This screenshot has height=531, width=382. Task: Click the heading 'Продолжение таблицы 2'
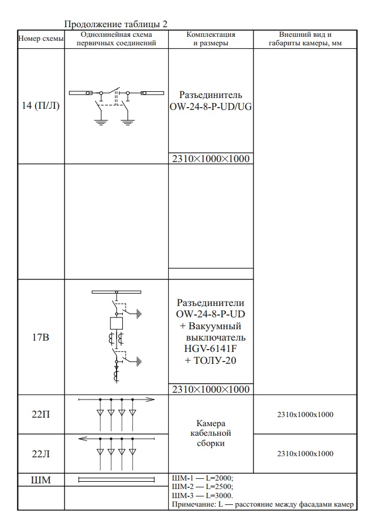click(116, 24)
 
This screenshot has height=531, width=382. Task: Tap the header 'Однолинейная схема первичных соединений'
click(117, 39)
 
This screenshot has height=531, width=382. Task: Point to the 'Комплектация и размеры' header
click(211, 39)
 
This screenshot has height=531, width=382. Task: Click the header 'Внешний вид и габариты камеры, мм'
click(305, 39)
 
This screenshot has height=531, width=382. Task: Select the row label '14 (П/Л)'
click(41, 107)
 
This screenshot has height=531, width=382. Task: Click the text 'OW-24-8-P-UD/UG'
click(211, 106)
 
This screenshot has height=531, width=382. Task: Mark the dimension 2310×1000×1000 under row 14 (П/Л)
click(211, 159)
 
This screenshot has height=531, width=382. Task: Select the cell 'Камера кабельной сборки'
click(211, 434)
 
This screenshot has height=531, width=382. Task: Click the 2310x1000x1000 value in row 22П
click(305, 414)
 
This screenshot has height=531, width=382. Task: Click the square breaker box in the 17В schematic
click(116, 324)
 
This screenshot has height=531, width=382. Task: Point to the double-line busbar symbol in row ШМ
click(116, 481)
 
